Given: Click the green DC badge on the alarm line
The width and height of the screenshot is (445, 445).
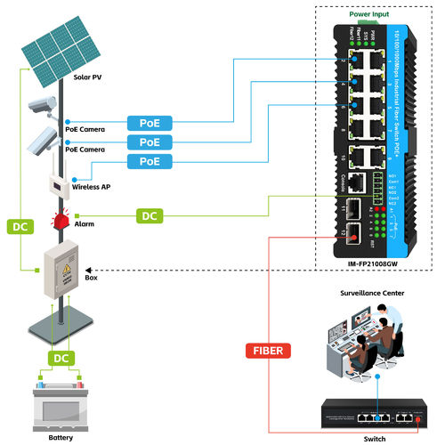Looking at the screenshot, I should tap(150, 215).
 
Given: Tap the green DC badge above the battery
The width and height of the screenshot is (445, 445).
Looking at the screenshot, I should tap(60, 357).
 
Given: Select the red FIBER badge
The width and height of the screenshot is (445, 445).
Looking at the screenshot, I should tap(264, 350).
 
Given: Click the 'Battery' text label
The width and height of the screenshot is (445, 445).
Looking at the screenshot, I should tap(59, 438).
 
